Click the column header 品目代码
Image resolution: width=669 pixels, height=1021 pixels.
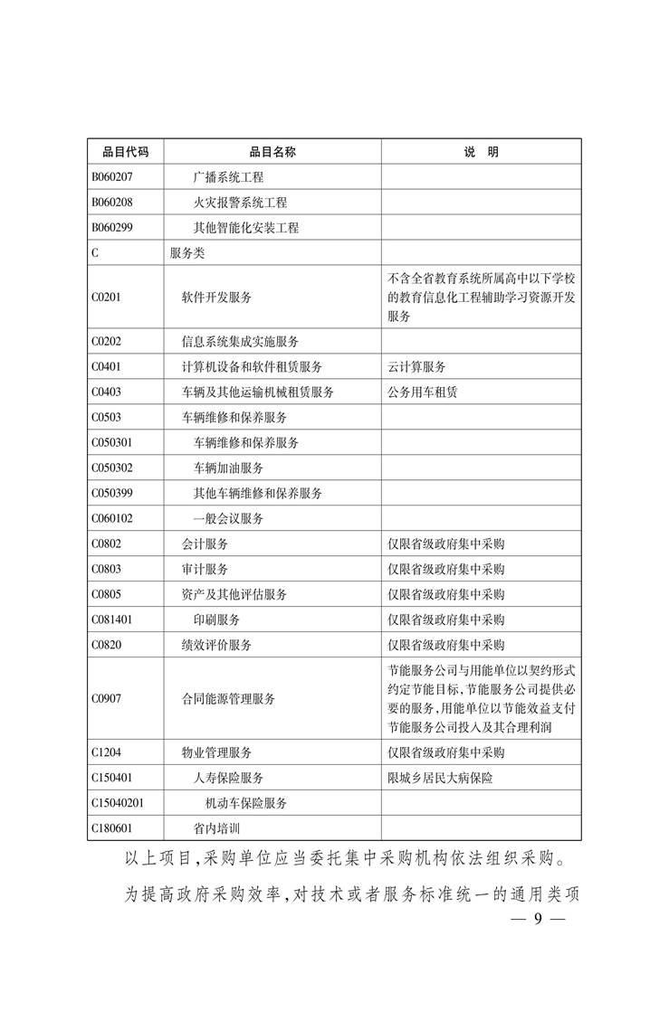pos(125,152)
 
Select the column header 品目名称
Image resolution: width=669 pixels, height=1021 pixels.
pos(272,152)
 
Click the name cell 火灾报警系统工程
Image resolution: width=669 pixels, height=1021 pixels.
pos(240,203)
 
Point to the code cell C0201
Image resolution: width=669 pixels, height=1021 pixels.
pos(106,297)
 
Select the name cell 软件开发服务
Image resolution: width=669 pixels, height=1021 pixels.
pos(216,297)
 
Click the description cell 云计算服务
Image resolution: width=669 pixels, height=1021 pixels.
pos(416,367)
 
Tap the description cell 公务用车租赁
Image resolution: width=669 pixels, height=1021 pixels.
pos(422,392)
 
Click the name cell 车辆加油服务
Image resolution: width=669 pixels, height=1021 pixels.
pos(228,468)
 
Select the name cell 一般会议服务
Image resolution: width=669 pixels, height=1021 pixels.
pos(228,519)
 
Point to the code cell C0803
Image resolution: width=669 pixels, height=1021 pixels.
pos(106,570)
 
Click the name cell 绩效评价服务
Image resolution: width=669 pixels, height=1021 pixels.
pos(216,646)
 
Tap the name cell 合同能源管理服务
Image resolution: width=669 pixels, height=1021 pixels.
pos(228,699)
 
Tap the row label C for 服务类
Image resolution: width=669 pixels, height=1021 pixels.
pos(95,253)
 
